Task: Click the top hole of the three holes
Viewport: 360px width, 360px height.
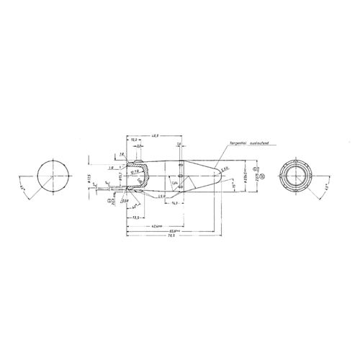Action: pos(178,165)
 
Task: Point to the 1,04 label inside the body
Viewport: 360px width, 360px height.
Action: pos(173,184)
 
